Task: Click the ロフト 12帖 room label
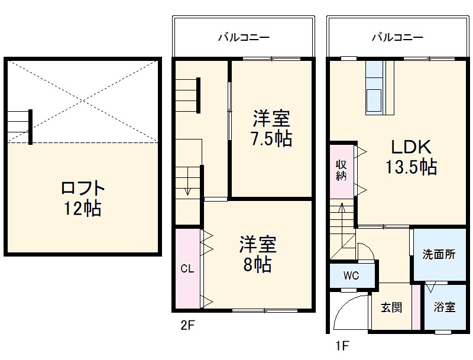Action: [83, 198]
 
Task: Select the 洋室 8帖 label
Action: [258, 254]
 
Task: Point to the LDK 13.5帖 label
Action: [412, 157]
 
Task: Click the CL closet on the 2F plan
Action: [187, 269]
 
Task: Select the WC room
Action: [351, 276]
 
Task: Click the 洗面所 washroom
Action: [438, 255]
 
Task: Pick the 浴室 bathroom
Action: [444, 307]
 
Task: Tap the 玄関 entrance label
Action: [391, 307]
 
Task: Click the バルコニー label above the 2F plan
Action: [243, 37]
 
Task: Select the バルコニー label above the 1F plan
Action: [397, 37]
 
